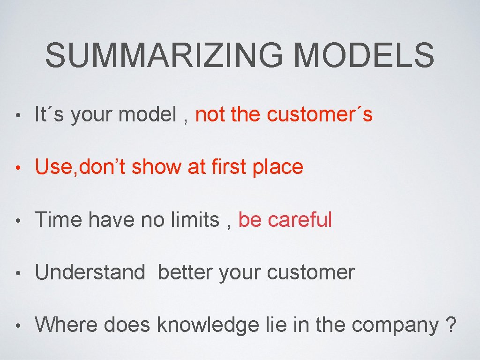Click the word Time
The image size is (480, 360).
click(x=59, y=219)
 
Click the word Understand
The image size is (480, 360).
click(x=90, y=272)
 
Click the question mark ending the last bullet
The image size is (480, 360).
click(x=450, y=324)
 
